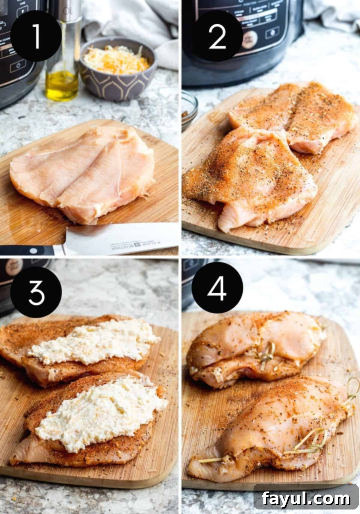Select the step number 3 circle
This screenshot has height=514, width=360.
tap(36, 291)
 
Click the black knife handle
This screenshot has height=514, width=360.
tap(27, 251)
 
